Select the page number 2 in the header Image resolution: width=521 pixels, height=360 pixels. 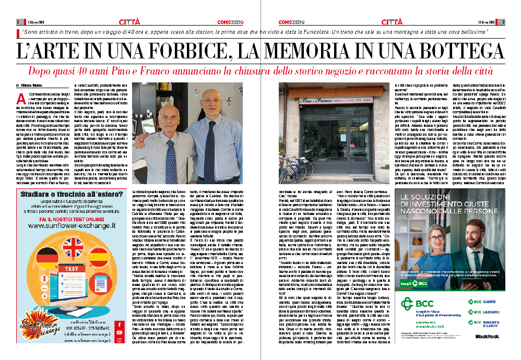pyautogui.click(x=18, y=22)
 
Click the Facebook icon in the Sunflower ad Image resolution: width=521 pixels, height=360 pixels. pyautogui.click(x=120, y=325)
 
